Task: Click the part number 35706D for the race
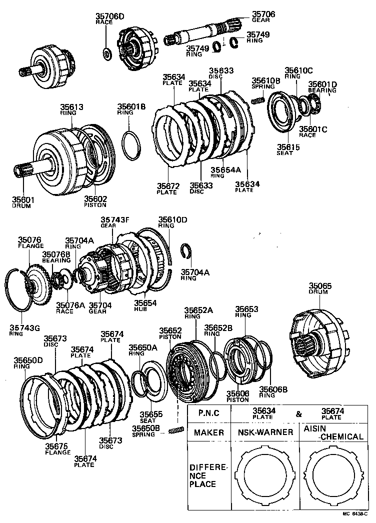[x=109, y=16]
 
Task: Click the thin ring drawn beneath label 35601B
[x=132, y=144]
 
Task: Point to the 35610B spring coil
[x=257, y=101]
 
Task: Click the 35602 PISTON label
[x=95, y=201]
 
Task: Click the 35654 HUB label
[x=144, y=305]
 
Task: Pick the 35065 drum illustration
[x=317, y=340]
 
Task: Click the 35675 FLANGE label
[x=57, y=448]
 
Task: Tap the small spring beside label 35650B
[x=175, y=430]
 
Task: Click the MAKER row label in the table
[x=208, y=432]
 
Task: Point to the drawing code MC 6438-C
[x=356, y=513]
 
